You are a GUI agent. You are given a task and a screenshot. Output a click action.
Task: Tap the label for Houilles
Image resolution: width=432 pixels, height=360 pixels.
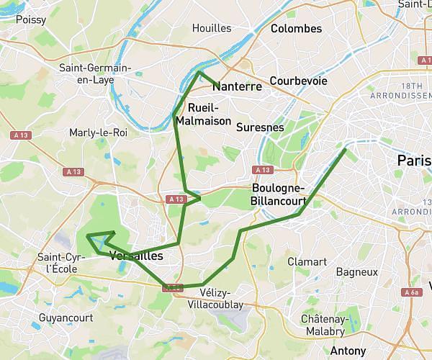pos(212,28)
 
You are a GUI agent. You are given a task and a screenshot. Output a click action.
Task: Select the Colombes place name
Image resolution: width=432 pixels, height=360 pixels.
pos(296,29)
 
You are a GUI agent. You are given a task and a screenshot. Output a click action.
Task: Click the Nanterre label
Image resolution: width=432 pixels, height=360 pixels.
pos(237,86)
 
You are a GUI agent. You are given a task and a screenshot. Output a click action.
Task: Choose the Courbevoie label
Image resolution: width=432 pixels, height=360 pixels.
pos(298,81)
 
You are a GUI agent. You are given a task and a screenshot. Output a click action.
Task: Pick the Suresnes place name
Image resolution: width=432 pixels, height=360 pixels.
pos(260,127)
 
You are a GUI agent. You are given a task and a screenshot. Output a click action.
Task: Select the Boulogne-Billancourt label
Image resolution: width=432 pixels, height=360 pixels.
pos(279,194)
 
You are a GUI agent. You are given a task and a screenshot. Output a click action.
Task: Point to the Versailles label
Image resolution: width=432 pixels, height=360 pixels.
pos(137,256)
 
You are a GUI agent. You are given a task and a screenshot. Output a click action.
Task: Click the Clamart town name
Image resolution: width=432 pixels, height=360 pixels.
pos(307,261)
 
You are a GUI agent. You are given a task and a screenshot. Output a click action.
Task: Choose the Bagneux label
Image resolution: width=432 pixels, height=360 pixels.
pos(357,272)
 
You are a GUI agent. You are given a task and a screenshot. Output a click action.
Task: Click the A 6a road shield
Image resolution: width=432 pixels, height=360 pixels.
pos(411,293)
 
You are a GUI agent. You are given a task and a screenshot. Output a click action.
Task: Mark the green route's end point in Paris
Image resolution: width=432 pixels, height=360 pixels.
pos(346,149)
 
